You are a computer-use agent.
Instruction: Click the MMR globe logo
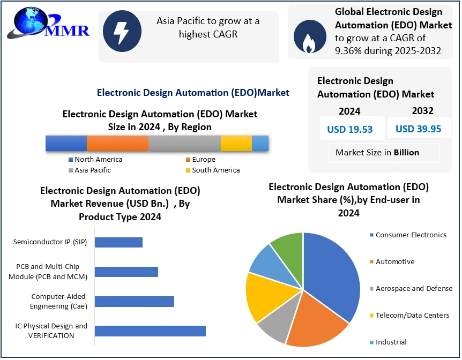[x=48, y=24]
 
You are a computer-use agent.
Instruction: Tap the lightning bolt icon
[x=122, y=31]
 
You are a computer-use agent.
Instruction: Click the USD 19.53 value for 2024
[x=350, y=129]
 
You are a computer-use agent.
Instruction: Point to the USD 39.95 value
[x=419, y=129]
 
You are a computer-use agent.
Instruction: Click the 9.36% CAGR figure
[x=348, y=51]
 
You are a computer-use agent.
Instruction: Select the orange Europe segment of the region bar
[x=117, y=143]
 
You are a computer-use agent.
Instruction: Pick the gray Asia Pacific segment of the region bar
[x=184, y=143]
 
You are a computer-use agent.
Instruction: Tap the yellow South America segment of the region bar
[x=236, y=143]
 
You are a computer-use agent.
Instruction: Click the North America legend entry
[x=95, y=160]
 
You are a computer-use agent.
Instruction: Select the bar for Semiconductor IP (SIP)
[x=119, y=243]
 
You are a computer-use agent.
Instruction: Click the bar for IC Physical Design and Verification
[x=150, y=331]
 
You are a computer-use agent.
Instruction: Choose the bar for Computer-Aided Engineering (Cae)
[x=135, y=302]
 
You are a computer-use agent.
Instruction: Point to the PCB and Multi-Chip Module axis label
[x=48, y=272]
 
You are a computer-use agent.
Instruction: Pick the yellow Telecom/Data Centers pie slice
[x=264, y=296]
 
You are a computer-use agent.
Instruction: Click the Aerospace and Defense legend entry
[x=411, y=288]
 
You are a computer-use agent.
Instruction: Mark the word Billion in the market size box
[x=406, y=152]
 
